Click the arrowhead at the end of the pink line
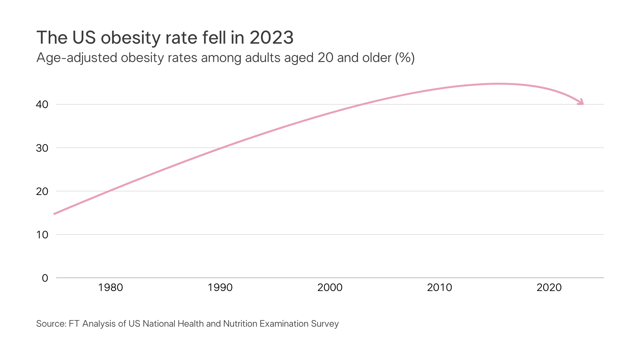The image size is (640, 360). [x=581, y=102]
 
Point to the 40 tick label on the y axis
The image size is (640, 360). [x=42, y=105]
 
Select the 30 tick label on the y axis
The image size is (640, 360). [x=42, y=148]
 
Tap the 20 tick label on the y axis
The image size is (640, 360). [x=42, y=191]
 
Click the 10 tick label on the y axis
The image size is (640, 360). [x=42, y=235]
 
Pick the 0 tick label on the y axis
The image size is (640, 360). [x=45, y=278]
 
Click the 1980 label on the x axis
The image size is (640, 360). [x=110, y=287]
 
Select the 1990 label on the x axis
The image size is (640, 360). [x=220, y=287]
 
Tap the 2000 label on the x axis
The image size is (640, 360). [x=330, y=287]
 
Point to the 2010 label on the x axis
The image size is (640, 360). [x=439, y=287]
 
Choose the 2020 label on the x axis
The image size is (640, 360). [x=549, y=287]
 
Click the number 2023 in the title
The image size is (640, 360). [x=271, y=37]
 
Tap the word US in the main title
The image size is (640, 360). [x=84, y=37]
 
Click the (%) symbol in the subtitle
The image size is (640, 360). [x=405, y=58]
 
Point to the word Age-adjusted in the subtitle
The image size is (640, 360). [x=76, y=58]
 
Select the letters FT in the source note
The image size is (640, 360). [x=74, y=324]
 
